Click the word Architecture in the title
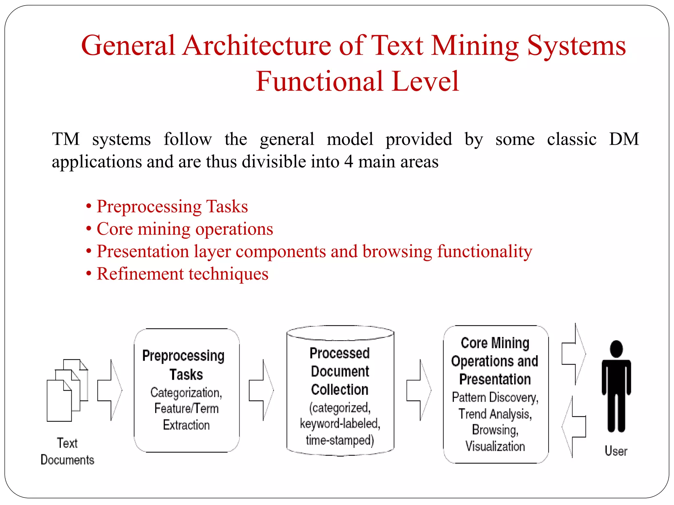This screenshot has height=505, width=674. point(257,46)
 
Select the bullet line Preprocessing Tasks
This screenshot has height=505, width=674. point(172,206)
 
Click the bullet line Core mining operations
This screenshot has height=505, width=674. point(185,229)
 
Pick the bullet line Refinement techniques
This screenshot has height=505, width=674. point(182,274)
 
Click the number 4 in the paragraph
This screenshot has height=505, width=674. point(349,162)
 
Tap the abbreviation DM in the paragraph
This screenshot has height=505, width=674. point(624,139)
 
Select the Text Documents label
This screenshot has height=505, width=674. point(67,451)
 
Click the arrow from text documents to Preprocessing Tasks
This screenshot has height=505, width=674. point(110,390)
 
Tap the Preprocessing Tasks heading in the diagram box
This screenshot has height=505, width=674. point(184,365)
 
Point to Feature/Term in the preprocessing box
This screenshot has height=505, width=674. point(186,409)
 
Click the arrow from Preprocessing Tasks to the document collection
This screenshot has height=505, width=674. point(261,390)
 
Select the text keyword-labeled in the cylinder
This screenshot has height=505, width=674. point(340,424)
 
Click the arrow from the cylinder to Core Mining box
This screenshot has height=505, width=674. point(419,390)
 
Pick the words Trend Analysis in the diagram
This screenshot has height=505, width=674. point(495,414)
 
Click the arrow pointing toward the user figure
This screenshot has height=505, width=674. point(574,354)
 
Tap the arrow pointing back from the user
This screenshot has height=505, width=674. point(574,427)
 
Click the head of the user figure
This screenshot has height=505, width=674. point(616,349)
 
